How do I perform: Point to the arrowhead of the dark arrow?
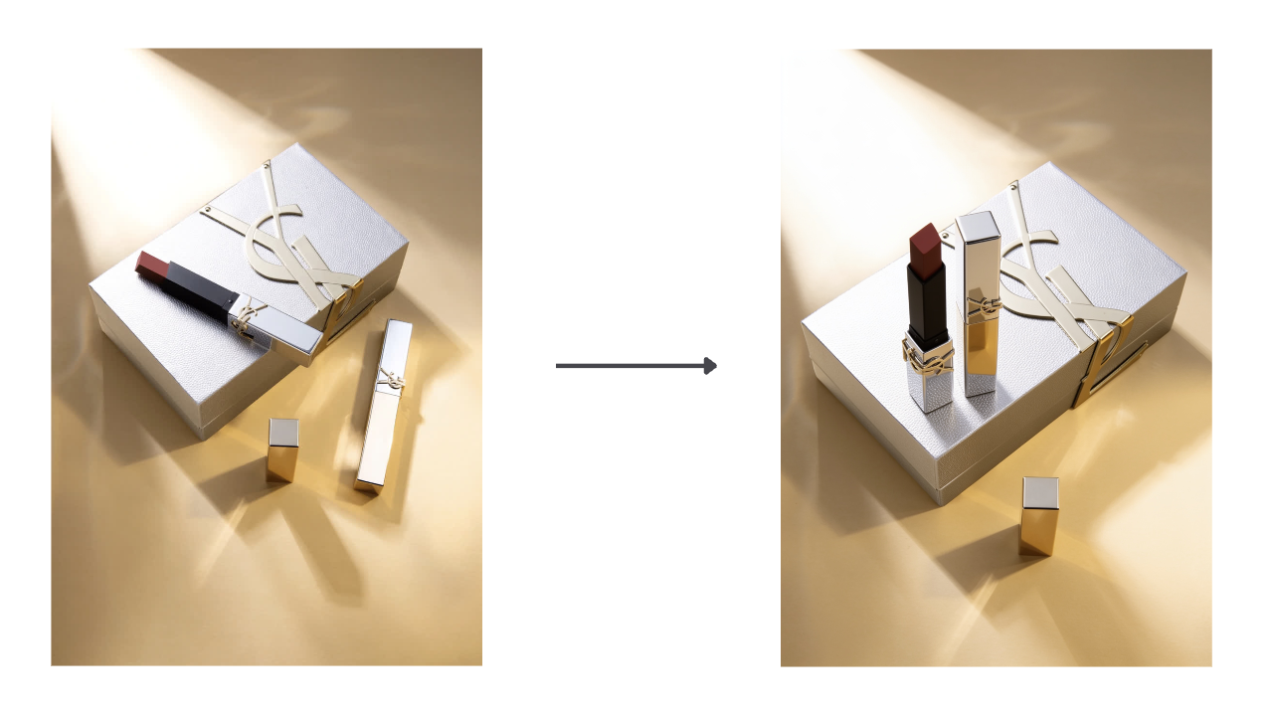[711, 366]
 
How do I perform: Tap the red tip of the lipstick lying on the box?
[151, 264]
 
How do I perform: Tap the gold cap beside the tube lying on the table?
[282, 450]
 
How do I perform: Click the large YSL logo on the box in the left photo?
[288, 239]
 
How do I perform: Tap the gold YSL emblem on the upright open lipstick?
[928, 357]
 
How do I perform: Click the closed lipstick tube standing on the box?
[977, 303]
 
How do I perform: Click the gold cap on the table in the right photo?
[1038, 515]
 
